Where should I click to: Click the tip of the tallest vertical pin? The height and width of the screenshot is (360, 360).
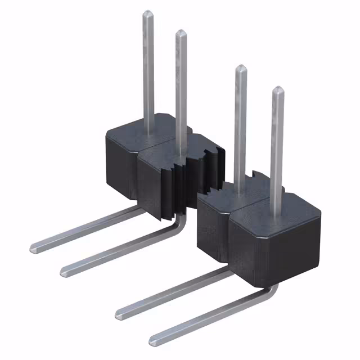pyautogui.click(x=148, y=13)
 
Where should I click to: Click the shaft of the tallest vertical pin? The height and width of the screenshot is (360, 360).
pyautogui.click(x=148, y=73)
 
